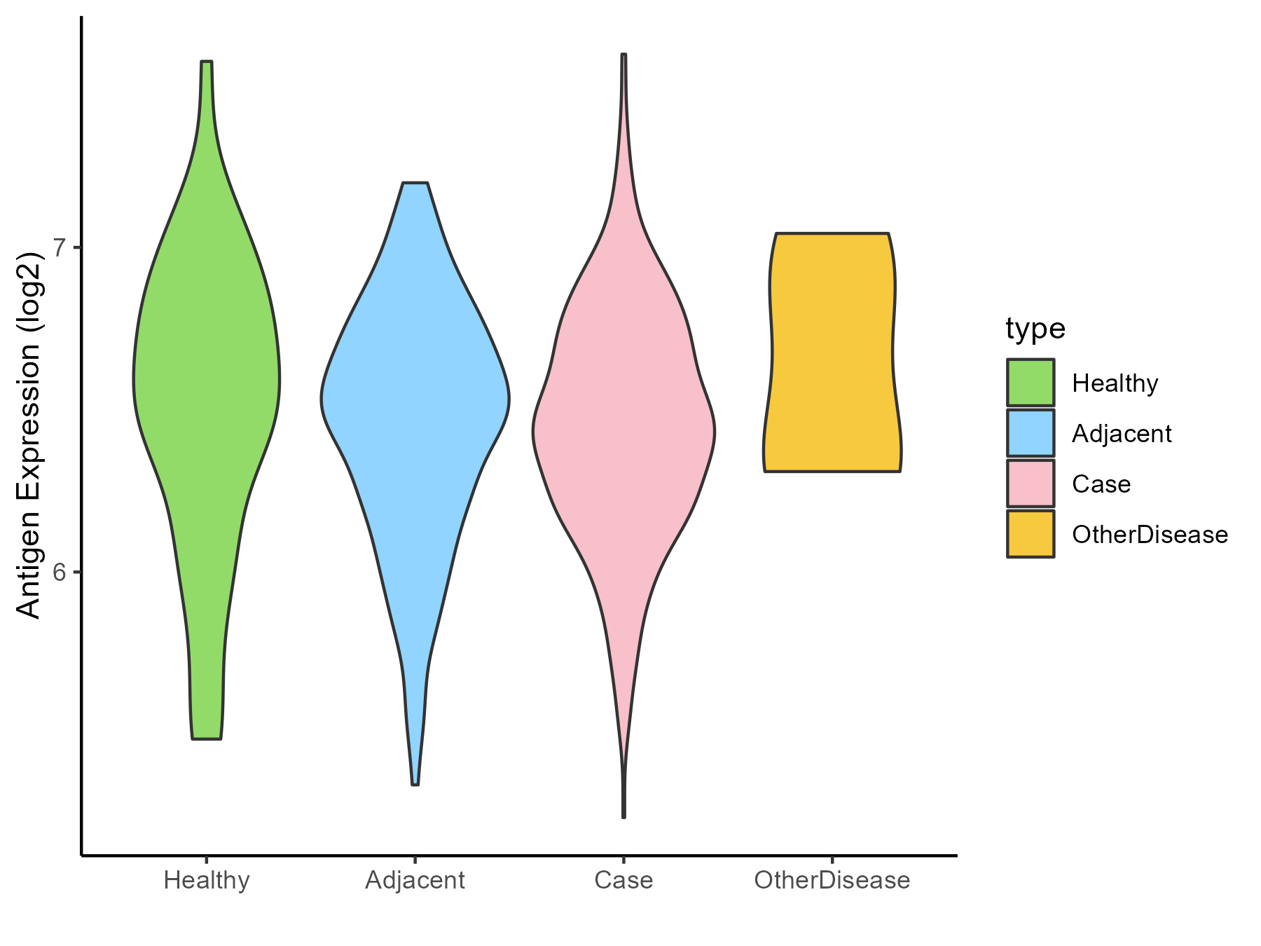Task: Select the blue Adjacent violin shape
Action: coord(415,399)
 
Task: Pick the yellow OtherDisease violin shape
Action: coord(832,350)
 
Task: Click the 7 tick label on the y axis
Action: coord(60,247)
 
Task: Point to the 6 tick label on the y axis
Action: coord(60,572)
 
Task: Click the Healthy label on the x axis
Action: coord(207,880)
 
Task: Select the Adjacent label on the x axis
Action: coord(415,880)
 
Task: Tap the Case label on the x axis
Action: coord(623,880)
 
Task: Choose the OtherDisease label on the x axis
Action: coord(832,880)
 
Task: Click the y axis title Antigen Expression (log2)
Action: coord(29,434)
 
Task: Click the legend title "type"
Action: coord(1035,328)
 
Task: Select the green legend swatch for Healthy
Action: coord(1031,383)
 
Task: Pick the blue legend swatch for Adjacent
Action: coord(1031,433)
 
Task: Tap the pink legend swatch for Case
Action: coord(1031,484)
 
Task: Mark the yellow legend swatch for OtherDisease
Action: coord(1031,534)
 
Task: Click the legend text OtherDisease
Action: coord(1150,535)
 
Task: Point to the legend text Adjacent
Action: coord(1122,434)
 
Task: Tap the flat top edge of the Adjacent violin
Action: coord(415,183)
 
